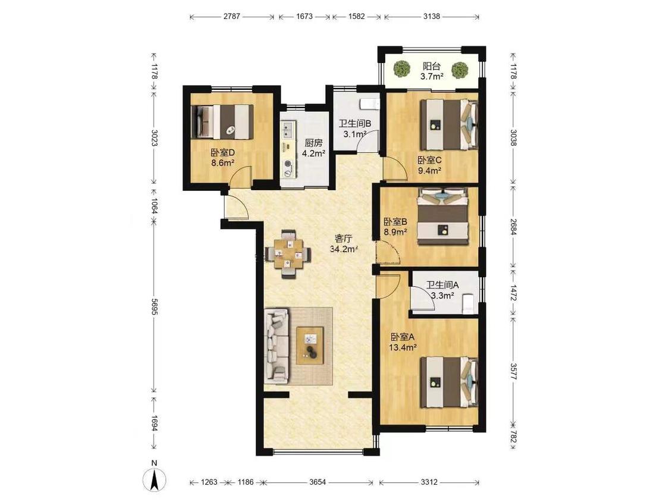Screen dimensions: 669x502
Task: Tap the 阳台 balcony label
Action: [431, 66]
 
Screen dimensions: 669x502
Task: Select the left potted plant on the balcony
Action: [401, 69]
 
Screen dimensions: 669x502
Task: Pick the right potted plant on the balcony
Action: [459, 70]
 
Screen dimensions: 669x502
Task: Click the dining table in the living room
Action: [288, 255]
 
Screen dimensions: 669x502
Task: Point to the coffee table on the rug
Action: [310, 345]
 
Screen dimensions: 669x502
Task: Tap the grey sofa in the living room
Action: [277, 346]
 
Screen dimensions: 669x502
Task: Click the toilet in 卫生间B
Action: [369, 103]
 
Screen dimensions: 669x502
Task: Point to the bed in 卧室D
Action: [222, 121]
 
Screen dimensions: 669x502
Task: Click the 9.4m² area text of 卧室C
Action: [429, 171]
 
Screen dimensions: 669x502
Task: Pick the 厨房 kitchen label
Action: [313, 143]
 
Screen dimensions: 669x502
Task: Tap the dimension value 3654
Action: [318, 482]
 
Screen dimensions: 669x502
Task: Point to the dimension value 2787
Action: [232, 17]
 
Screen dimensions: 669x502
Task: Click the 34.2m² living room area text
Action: [344, 249]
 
